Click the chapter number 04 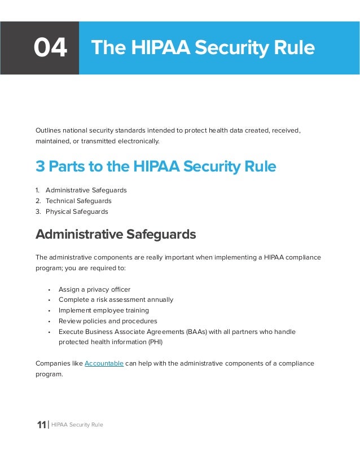[x=50, y=48]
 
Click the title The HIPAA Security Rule [x=203, y=48]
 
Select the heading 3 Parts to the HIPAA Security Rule [x=156, y=166]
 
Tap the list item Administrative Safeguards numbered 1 [x=86, y=190]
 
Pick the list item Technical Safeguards [x=78, y=201]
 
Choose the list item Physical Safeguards [x=77, y=212]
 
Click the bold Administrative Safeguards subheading [x=116, y=234]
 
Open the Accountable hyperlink [x=104, y=363]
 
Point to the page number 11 [x=41, y=425]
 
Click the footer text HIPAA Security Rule [x=77, y=425]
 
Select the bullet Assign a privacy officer [x=94, y=289]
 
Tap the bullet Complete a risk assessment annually [x=116, y=300]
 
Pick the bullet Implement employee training [x=104, y=310]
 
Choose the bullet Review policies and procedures [x=108, y=321]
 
